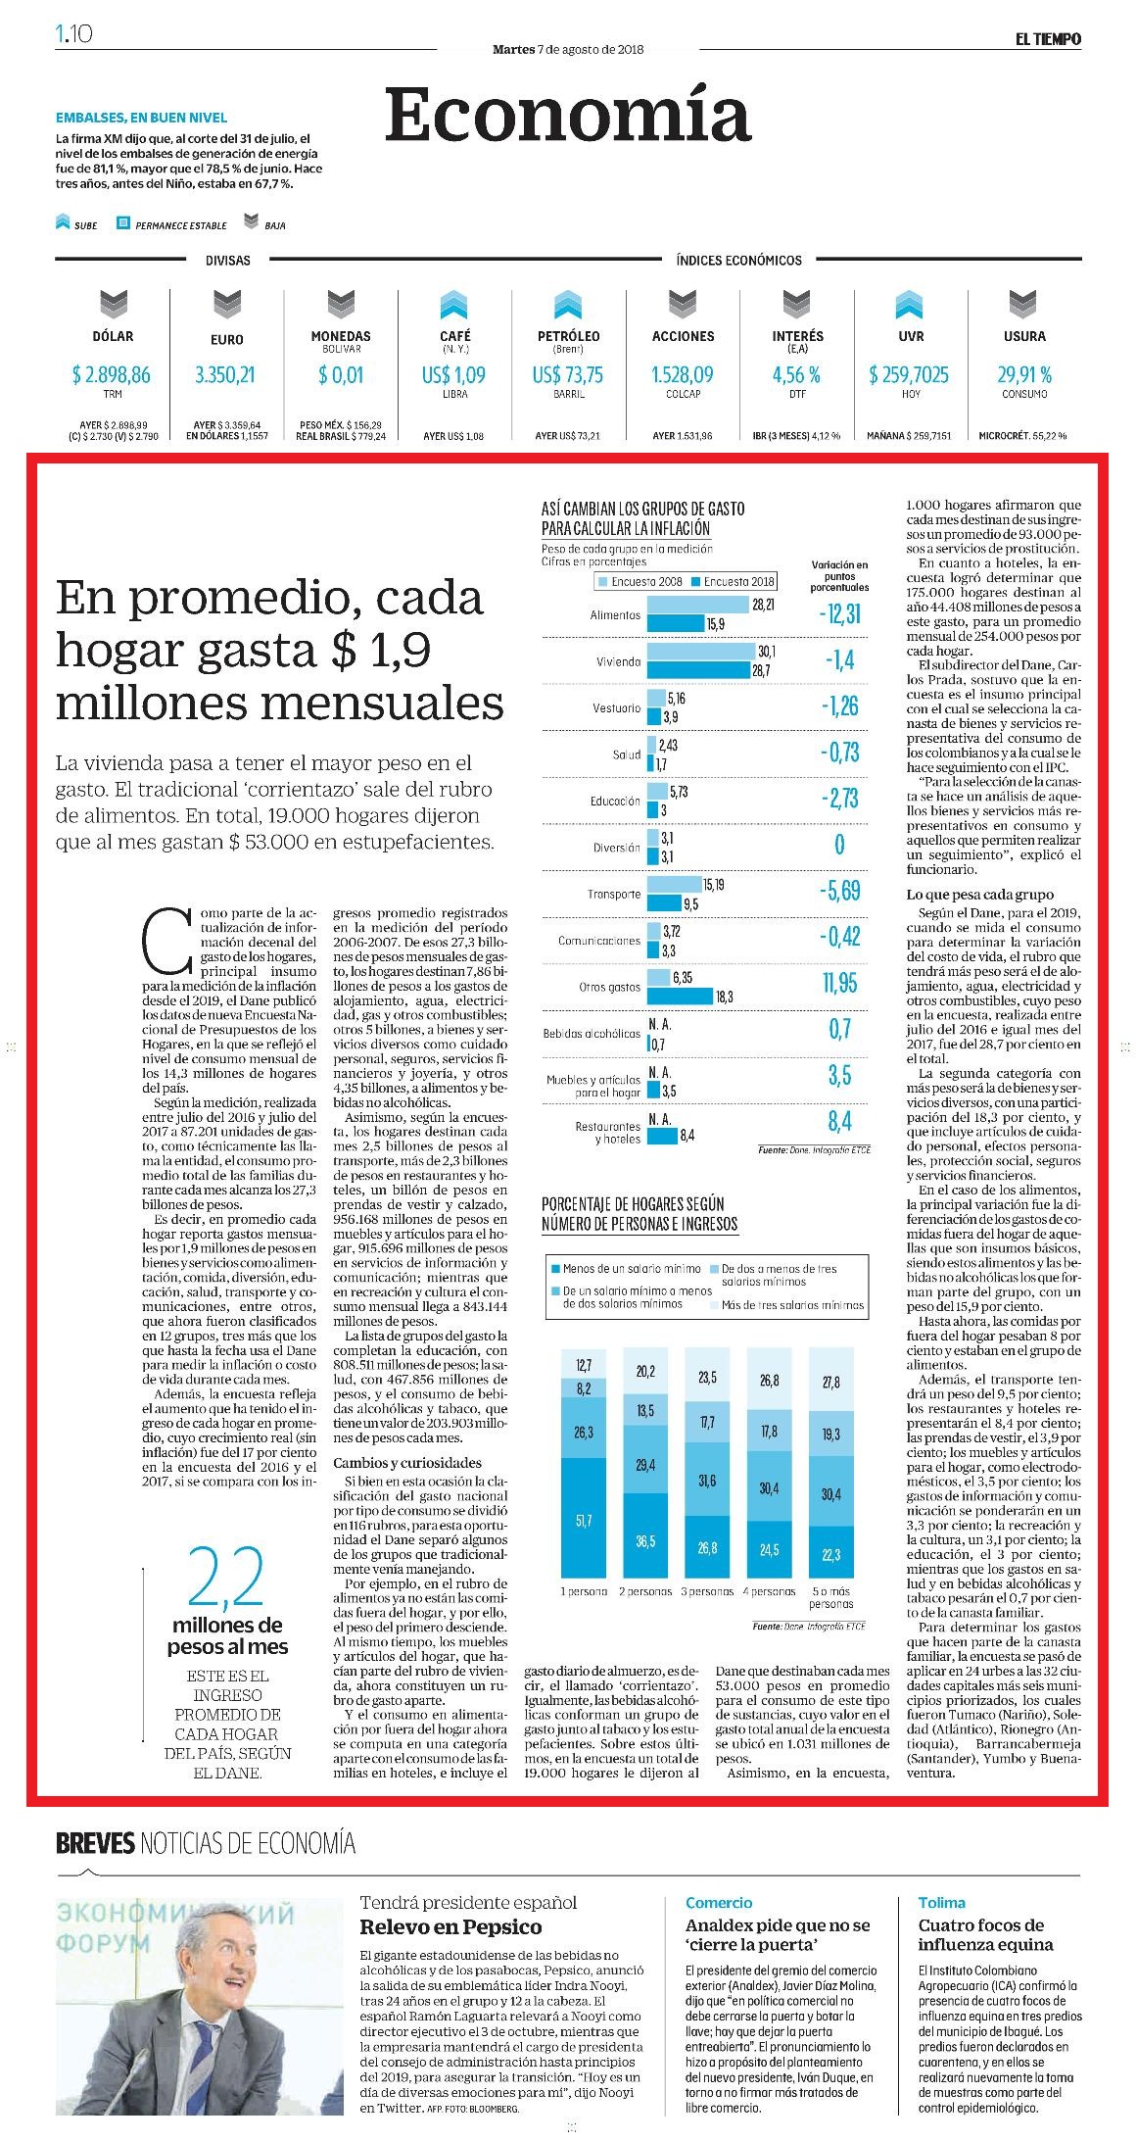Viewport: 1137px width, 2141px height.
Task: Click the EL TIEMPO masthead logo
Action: point(1048,39)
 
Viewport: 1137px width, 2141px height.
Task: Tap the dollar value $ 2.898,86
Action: point(112,375)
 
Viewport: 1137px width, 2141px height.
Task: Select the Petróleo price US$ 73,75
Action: point(568,375)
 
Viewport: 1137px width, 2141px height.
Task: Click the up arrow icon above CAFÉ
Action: point(454,306)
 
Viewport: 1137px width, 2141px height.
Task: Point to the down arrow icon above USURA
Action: point(1023,306)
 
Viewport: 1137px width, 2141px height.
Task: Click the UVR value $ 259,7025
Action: point(909,375)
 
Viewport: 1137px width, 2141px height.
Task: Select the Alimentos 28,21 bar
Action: point(697,606)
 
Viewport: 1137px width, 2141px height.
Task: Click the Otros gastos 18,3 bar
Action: point(680,997)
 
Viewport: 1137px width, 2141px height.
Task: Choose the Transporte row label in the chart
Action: point(614,895)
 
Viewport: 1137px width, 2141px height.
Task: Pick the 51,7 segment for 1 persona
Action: point(584,1520)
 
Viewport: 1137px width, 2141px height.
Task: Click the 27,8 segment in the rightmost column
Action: point(831,1383)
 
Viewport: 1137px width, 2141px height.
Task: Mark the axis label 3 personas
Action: point(707,1591)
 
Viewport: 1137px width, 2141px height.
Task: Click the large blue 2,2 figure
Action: point(226,1579)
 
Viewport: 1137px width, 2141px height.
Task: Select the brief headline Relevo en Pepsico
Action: point(450,1927)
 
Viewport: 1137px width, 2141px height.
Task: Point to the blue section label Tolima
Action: point(941,1903)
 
